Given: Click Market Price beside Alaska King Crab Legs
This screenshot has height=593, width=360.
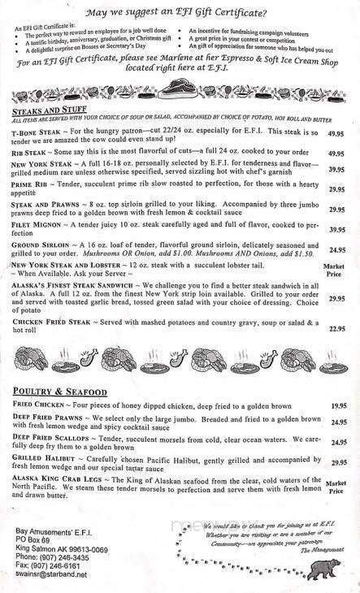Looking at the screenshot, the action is (334, 486).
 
